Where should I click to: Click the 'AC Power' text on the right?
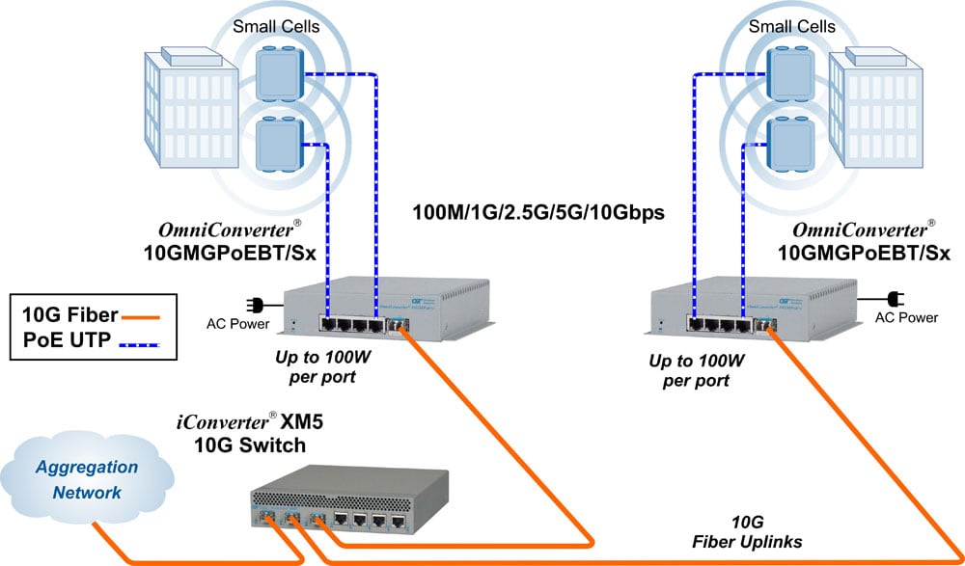(x=905, y=316)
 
